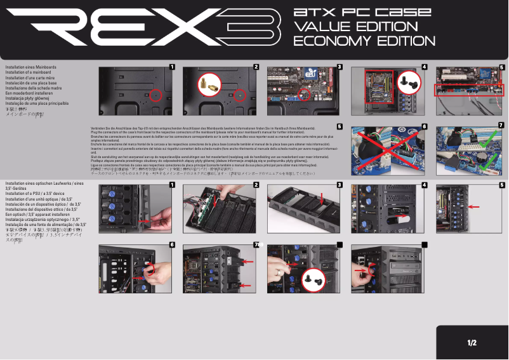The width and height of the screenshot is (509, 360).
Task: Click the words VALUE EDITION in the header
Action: pos(351,27)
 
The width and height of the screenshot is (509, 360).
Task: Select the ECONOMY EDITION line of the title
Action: pos(364,41)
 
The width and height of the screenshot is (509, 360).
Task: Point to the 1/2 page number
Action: pos(472,343)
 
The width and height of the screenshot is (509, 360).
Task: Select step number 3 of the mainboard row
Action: pos(340,67)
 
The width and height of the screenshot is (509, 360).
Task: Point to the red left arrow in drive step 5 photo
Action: pos(473,207)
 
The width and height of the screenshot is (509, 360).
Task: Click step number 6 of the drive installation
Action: pos(171,244)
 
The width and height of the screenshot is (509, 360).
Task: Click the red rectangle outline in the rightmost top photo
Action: pos(470,90)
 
